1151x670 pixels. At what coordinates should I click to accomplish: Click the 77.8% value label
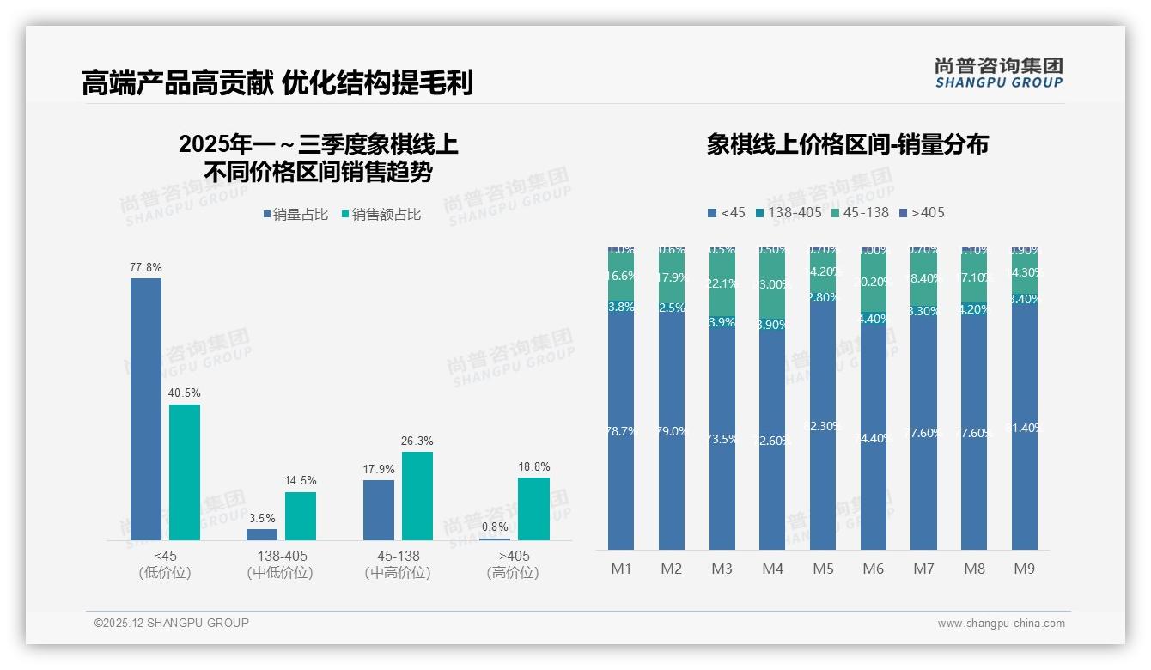[x=146, y=267]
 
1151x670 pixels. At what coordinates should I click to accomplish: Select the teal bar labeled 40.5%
[x=185, y=472]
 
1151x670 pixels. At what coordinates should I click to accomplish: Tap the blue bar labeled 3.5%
[x=262, y=534]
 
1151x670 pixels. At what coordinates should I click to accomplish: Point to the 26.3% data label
[x=417, y=442]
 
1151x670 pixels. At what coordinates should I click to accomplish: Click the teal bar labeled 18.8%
[x=533, y=509]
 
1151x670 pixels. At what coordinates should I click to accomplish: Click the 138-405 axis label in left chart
[x=281, y=557]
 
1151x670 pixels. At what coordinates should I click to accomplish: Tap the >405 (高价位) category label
[x=513, y=564]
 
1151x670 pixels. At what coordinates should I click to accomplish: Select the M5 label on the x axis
[x=824, y=569]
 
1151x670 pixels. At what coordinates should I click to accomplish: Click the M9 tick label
[x=1025, y=569]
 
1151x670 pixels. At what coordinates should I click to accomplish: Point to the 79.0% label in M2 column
[x=672, y=431]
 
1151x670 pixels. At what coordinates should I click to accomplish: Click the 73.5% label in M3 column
[x=722, y=439]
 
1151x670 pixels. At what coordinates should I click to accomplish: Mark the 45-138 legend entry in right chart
[x=859, y=212]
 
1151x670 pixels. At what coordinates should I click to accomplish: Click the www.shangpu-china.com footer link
[x=1001, y=624]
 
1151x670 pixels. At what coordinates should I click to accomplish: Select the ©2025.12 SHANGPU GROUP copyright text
[x=172, y=623]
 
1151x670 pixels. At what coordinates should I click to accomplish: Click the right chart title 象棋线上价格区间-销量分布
[x=847, y=144]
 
